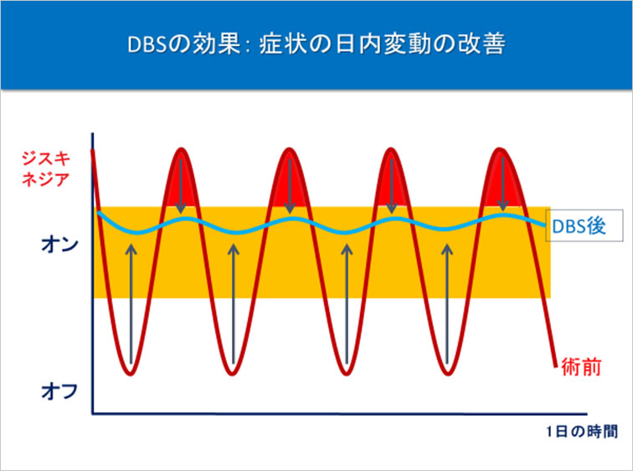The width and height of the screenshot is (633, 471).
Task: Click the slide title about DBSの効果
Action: [x=316, y=44]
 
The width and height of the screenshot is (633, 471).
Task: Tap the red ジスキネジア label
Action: [x=45, y=168]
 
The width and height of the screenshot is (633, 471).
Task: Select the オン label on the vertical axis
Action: [x=59, y=245]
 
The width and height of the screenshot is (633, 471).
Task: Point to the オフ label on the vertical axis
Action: [x=59, y=391]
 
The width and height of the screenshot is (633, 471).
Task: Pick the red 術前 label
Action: [x=581, y=367]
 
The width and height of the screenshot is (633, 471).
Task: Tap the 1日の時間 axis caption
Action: [x=582, y=432]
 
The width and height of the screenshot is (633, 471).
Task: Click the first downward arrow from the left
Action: [x=181, y=185]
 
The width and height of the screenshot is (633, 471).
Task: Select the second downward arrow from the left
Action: [x=290, y=185]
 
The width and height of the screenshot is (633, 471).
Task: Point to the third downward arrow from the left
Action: [x=391, y=185]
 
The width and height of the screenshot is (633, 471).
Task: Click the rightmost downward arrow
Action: [x=502, y=184]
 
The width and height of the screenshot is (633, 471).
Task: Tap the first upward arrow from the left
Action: [x=131, y=303]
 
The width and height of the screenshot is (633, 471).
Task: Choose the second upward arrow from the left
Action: [x=233, y=303]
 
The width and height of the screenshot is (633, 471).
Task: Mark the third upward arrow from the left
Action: [x=347, y=303]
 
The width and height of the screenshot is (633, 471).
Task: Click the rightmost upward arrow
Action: [x=446, y=303]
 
